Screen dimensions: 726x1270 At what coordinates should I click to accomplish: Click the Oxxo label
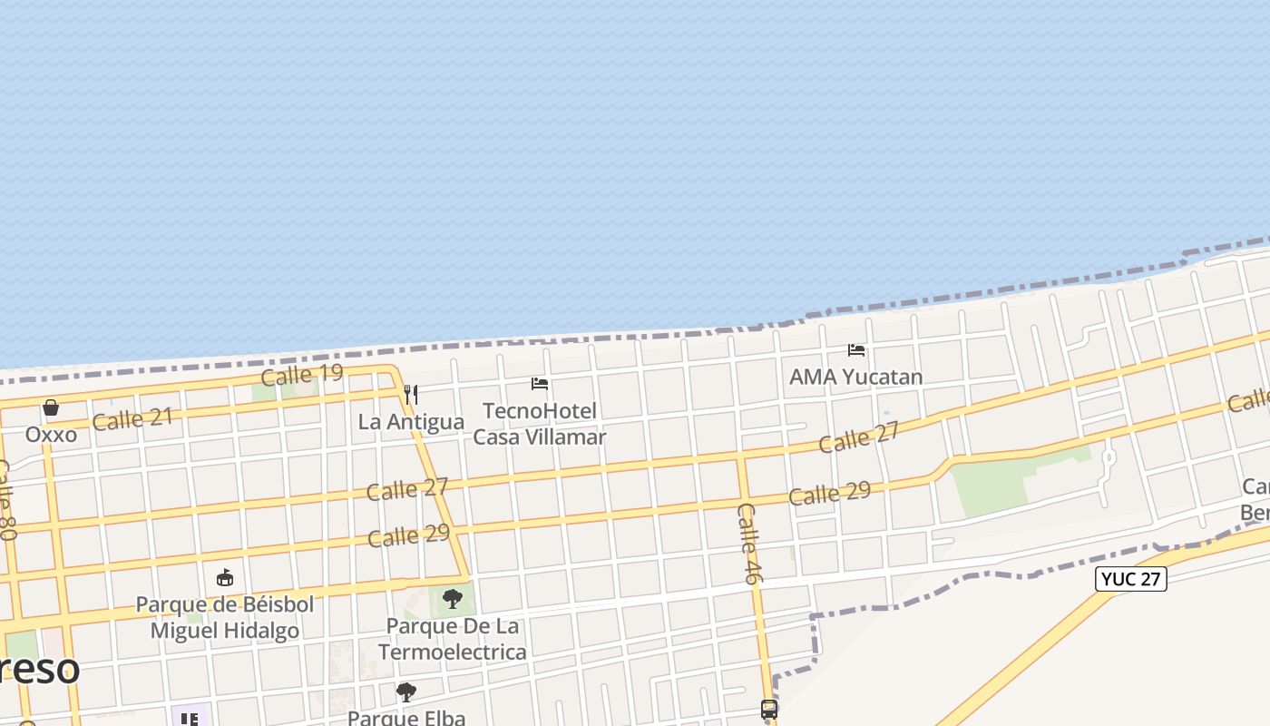(x=51, y=434)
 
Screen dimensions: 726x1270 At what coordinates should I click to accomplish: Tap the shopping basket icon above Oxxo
(x=51, y=407)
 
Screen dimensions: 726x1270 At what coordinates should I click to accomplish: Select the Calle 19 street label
(x=301, y=374)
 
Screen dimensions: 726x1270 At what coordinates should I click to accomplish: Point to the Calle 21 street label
(x=132, y=419)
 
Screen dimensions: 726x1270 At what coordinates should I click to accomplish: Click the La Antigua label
(x=411, y=422)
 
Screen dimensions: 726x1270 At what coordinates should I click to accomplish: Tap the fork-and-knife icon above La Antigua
(x=411, y=394)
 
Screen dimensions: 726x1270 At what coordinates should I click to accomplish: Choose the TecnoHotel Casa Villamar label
(x=540, y=424)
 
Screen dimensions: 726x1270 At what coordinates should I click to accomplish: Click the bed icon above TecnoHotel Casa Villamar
(x=540, y=384)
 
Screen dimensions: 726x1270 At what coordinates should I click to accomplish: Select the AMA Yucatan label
(x=855, y=377)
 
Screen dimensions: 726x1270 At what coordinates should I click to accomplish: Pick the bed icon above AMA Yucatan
(x=855, y=349)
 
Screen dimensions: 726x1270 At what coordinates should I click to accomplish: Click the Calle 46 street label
(x=750, y=543)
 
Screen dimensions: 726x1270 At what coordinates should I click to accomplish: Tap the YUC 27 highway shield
(x=1130, y=579)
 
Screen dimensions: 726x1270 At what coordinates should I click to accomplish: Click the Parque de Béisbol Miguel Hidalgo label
(x=224, y=617)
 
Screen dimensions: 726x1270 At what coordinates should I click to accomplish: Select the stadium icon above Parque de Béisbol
(x=225, y=577)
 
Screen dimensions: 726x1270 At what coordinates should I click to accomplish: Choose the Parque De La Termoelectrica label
(x=452, y=639)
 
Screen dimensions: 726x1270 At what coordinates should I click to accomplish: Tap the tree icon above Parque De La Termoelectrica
(x=452, y=599)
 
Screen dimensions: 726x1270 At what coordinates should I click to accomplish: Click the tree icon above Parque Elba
(x=406, y=692)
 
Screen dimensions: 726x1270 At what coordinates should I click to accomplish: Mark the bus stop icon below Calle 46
(x=769, y=710)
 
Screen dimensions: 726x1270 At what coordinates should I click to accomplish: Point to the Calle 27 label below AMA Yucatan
(x=858, y=437)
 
